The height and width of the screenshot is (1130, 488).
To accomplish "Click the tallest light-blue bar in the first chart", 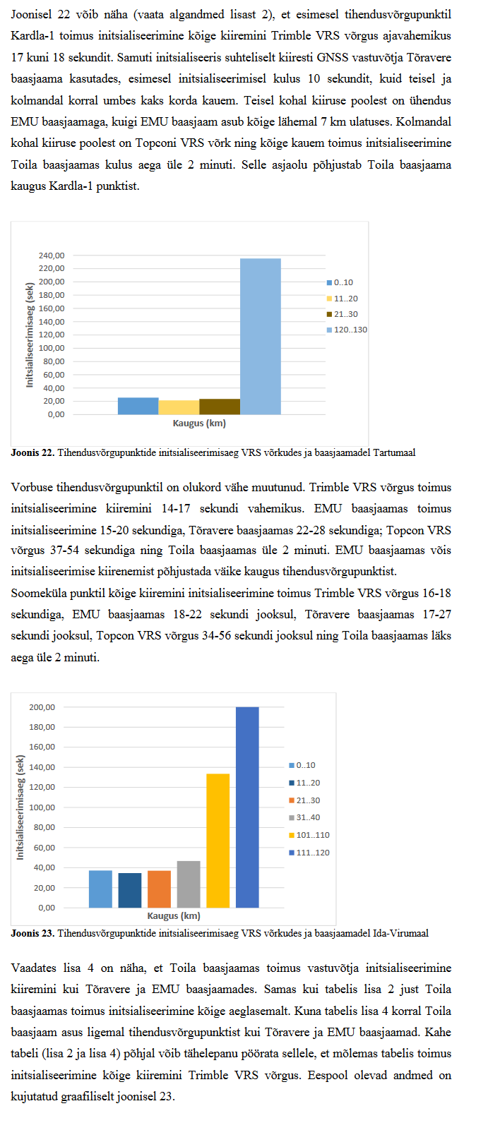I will (x=261, y=336).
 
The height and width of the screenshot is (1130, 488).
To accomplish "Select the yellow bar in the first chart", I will (x=179, y=407).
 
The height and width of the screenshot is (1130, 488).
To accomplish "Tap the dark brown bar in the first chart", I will (x=220, y=407).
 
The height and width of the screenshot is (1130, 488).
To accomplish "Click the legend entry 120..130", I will (x=350, y=330).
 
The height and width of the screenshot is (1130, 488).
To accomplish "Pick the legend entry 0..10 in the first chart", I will (x=343, y=282).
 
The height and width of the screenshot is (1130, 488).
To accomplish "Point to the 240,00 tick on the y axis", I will (x=51, y=256).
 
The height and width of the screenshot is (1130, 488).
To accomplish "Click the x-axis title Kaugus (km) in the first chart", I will (x=199, y=423).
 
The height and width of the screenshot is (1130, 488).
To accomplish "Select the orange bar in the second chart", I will (x=159, y=889).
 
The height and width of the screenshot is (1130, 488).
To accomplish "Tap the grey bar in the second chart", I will (x=189, y=884).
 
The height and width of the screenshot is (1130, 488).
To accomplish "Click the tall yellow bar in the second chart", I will (x=218, y=841).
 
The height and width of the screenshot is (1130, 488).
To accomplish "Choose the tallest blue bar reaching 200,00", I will (x=247, y=807).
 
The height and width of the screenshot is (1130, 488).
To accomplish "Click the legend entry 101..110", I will (x=313, y=835).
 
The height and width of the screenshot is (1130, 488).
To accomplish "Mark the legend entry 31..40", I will (x=308, y=817).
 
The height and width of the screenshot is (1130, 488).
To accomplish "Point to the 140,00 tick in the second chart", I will (x=42, y=767).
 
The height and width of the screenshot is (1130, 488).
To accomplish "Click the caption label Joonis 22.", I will (x=32, y=452).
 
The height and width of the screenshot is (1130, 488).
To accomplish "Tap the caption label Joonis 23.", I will (x=32, y=933).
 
